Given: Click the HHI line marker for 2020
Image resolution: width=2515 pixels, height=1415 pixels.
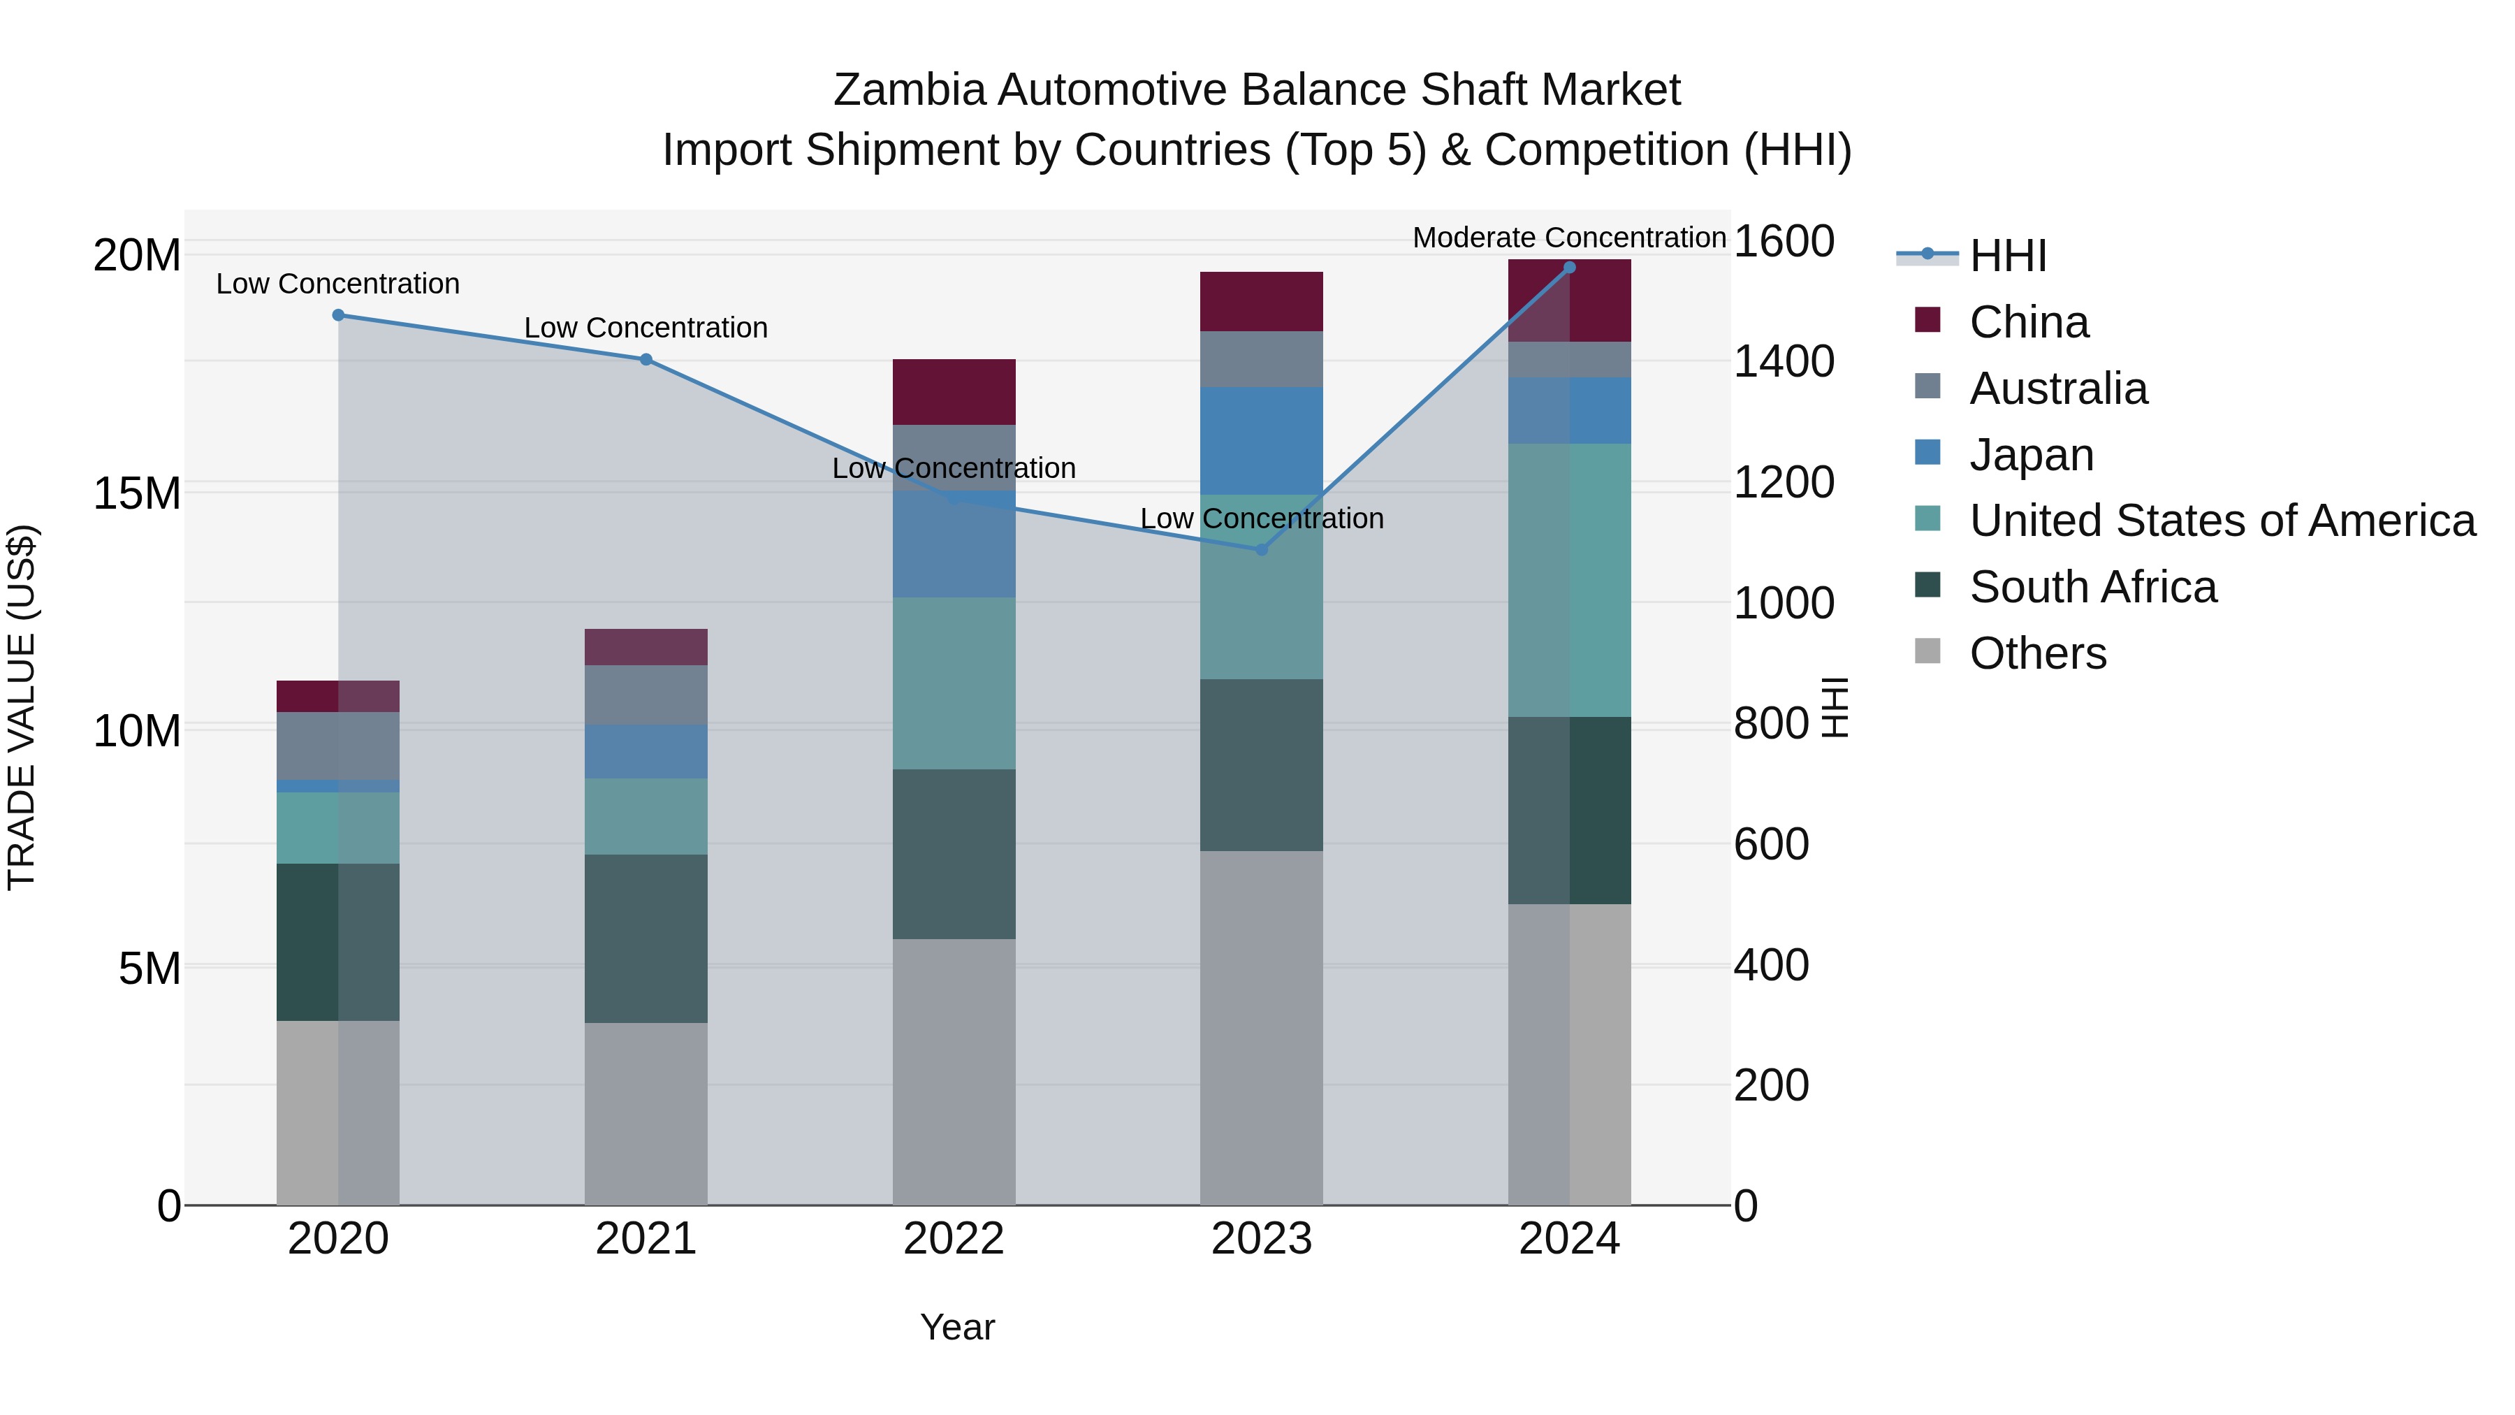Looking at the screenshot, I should point(338,314).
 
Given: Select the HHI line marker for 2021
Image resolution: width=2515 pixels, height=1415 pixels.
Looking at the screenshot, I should point(646,359).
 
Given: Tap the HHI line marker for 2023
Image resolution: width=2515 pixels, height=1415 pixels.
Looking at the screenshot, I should point(1262,550).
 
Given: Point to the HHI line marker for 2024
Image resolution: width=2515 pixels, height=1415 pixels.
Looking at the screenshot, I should point(1569,267).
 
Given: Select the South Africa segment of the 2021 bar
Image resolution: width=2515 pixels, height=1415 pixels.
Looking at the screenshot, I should point(646,938).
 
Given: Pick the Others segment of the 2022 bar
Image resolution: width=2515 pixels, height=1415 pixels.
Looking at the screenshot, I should point(954,1071).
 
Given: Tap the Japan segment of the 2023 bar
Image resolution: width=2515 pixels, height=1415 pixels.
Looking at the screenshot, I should point(1262,440).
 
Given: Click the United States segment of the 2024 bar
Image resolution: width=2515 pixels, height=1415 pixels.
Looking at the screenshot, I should point(1569,580).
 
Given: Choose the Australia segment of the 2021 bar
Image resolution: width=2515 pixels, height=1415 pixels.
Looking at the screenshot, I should point(646,695).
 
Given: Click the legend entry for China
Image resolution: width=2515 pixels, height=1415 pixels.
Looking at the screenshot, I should point(2028,322).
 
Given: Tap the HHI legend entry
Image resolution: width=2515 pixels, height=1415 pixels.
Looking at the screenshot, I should point(2006,256).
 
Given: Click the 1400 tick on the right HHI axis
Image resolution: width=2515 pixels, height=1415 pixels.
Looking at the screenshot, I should point(1783,361).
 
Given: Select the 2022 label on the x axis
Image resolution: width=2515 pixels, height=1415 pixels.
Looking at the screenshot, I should point(954,1239).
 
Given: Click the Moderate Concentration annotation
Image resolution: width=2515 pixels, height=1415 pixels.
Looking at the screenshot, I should point(1569,238).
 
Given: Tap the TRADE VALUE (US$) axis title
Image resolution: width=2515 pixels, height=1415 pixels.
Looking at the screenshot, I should point(22,707).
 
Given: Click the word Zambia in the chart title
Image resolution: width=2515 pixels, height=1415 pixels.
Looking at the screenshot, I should point(909,90).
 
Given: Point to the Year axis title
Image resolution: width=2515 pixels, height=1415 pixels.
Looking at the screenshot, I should point(957,1327).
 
